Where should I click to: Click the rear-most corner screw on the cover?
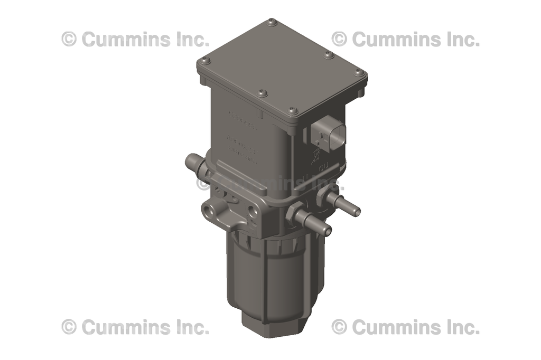coord(272,22)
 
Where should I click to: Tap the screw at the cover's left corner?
coord(205,60)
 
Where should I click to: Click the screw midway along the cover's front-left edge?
coord(263,93)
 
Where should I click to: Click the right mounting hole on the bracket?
coord(254,211)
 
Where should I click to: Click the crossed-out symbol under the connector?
coord(316,155)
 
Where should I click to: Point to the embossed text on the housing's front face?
coord(242,138)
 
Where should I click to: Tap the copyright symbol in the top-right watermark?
coord(339,39)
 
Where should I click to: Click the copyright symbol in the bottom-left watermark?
coord(69,327)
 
